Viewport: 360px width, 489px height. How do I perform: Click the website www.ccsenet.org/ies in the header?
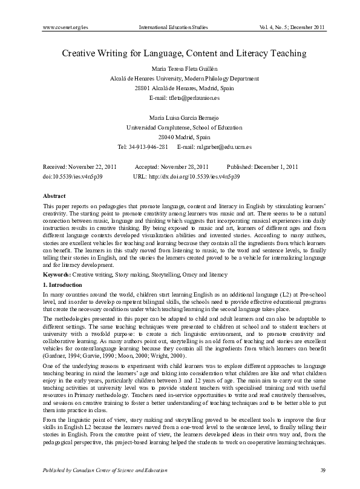pyautogui.click(x=66, y=27)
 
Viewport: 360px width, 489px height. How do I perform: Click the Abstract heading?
pyautogui.click(x=54, y=196)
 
